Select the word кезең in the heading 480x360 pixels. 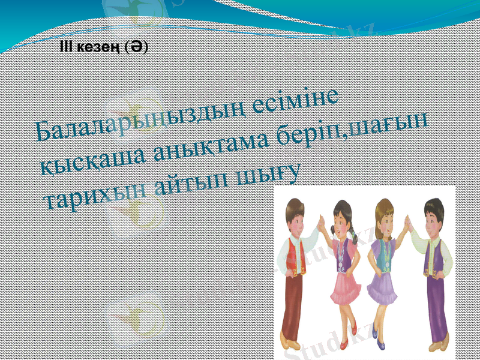(95, 47)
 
